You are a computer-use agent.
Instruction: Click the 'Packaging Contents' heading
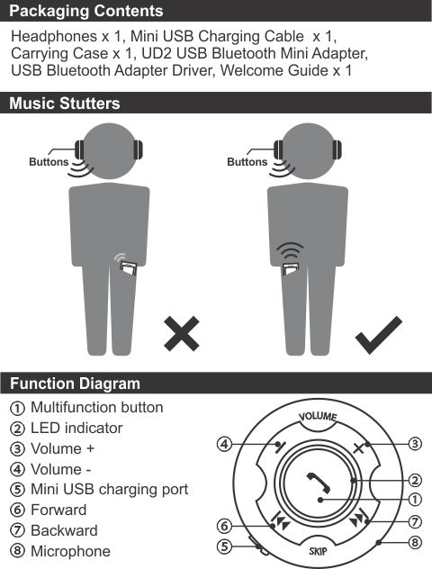tap(86, 11)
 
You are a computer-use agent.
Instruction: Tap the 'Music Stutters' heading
tap(65, 104)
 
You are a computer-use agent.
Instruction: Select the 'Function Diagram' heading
tap(75, 384)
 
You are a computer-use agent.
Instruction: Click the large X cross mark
tap(182, 333)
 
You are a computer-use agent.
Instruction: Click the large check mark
tap(379, 335)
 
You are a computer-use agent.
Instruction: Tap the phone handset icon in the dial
tap(319, 483)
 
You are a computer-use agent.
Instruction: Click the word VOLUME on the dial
tap(318, 416)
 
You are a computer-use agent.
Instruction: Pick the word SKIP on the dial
tap(318, 551)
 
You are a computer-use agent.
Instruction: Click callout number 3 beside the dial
tap(415, 444)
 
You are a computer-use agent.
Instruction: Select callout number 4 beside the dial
tap(224, 444)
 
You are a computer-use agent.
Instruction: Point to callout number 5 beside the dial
tap(224, 546)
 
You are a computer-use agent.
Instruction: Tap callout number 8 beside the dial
tap(415, 543)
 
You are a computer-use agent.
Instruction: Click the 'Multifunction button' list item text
tap(97, 408)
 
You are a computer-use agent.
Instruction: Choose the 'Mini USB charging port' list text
tap(109, 490)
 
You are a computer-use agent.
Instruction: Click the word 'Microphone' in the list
tap(70, 551)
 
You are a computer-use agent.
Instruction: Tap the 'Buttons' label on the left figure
tap(49, 162)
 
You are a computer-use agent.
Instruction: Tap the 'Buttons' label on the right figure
tap(247, 162)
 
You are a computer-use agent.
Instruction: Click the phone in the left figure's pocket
tap(129, 267)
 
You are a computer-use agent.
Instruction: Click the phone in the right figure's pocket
tap(290, 268)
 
